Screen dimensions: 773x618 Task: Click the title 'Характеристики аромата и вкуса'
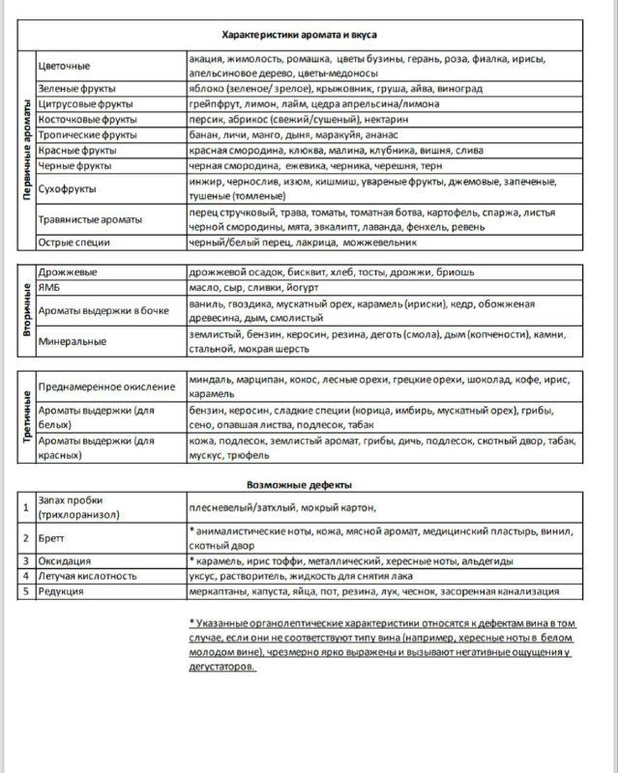(301, 34)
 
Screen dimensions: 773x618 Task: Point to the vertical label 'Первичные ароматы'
(27, 151)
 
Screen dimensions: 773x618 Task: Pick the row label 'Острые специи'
(74, 242)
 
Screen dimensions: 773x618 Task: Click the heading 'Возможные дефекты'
(299, 484)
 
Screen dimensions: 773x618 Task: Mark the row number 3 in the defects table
(26, 560)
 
